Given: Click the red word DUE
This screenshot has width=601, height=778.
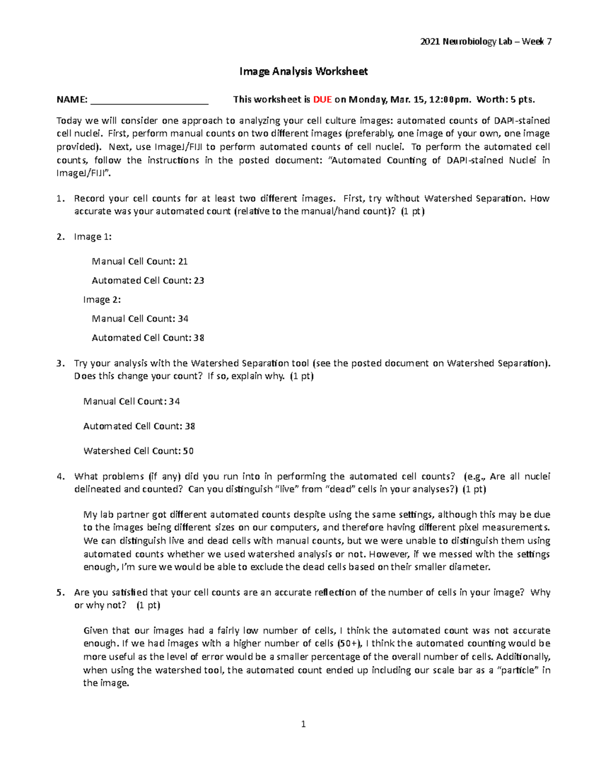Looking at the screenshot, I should [x=322, y=99].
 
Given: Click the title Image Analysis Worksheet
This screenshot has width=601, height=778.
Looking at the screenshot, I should [x=304, y=72].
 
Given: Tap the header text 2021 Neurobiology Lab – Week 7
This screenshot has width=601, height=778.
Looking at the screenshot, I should [x=486, y=42].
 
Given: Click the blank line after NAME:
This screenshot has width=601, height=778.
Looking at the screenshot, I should [x=149, y=100].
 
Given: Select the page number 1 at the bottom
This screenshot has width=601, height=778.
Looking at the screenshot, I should [x=303, y=724].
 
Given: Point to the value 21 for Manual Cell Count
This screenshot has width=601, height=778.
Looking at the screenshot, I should [x=183, y=261].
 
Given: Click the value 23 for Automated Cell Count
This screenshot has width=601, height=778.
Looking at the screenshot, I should [x=199, y=281].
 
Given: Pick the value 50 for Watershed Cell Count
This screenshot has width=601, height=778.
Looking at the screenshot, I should [x=188, y=451].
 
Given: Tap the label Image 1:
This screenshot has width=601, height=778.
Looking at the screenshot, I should [x=93, y=237].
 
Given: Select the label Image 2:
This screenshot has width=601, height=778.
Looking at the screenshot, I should [x=102, y=300].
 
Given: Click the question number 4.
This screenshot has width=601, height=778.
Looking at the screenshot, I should [x=60, y=476].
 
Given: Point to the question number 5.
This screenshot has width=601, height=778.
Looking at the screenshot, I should [x=60, y=592].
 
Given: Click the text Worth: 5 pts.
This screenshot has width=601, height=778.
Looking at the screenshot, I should [x=505, y=99].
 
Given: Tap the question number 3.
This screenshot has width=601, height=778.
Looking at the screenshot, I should [x=60, y=363].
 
